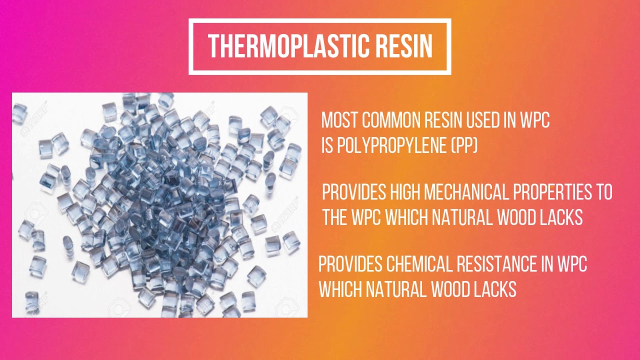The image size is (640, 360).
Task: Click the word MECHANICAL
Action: click(472, 192)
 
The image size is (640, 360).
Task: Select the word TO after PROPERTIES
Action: click(604, 192)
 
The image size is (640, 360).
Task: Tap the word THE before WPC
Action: click(336, 217)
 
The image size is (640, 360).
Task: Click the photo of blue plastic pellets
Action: click(159, 205)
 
